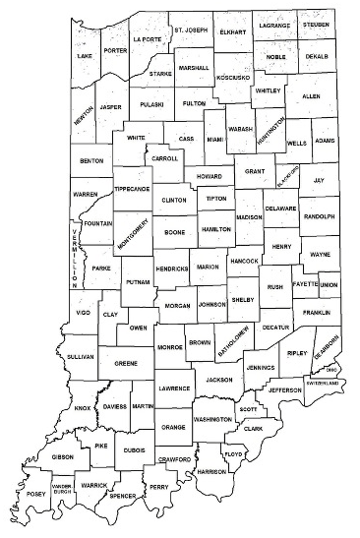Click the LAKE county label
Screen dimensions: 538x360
pyautogui.click(x=86, y=57)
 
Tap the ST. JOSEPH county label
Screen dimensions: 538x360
pyautogui.click(x=192, y=30)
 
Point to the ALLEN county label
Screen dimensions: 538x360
pyautogui.click(x=310, y=97)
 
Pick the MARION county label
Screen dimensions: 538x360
pyautogui.click(x=208, y=267)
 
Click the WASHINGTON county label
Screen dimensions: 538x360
pyautogui.click(x=212, y=419)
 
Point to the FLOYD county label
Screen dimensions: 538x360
pyautogui.click(x=233, y=454)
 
